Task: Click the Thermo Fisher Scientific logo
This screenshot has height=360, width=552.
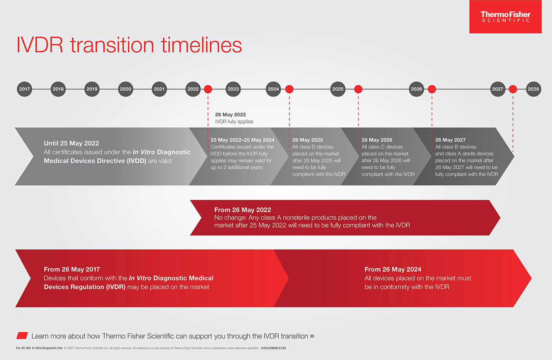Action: click(x=505, y=17)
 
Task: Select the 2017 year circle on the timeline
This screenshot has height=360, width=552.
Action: click(x=24, y=89)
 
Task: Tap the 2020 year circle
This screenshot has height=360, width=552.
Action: click(x=125, y=89)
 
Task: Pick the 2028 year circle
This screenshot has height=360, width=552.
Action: click(x=533, y=89)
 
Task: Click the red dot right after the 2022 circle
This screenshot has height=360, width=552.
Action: click(x=208, y=89)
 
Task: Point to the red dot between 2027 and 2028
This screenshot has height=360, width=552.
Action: click(x=513, y=89)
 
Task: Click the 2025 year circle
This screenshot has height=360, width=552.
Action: click(x=338, y=89)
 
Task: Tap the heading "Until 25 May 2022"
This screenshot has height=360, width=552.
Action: click(x=71, y=143)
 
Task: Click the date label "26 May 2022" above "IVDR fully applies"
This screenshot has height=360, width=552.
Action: click(x=231, y=114)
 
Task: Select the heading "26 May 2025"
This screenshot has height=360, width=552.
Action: click(x=307, y=140)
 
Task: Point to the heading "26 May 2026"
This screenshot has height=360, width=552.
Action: click(x=377, y=140)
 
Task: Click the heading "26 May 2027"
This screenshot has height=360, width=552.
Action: click(x=450, y=140)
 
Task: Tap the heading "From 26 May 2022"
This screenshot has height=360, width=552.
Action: click(x=243, y=210)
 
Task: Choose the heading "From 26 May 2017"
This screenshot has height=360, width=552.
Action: click(x=72, y=270)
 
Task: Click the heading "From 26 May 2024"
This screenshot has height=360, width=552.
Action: click(x=393, y=270)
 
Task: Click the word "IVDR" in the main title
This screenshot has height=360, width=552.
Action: click(x=40, y=45)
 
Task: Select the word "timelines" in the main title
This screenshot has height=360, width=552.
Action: click(x=202, y=45)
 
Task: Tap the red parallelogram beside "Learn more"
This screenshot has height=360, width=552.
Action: click(x=22, y=335)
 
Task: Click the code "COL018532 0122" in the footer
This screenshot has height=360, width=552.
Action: click(x=274, y=348)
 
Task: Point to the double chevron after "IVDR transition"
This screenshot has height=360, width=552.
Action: click(x=312, y=336)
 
